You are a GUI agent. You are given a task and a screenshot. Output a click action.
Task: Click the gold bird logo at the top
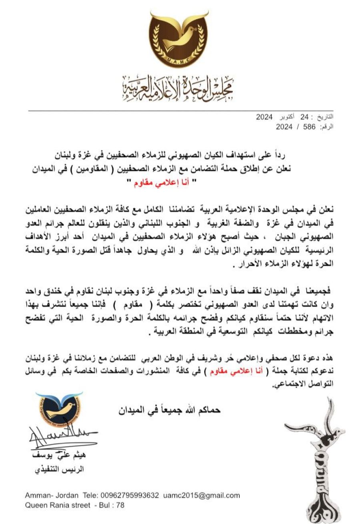pos(179,38)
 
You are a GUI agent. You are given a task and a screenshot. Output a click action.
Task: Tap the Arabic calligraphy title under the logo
pos(178,88)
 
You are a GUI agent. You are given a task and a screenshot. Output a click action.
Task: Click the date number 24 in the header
pos(305,118)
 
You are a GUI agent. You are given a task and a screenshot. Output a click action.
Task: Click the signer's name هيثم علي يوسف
pos(59,456)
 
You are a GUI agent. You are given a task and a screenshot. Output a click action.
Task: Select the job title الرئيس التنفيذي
pos(59,470)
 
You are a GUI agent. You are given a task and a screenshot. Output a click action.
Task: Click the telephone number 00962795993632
pos(131,496)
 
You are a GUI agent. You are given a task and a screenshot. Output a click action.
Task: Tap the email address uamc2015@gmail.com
pos(202,496)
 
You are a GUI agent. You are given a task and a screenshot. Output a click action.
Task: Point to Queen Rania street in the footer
pos(58,505)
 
